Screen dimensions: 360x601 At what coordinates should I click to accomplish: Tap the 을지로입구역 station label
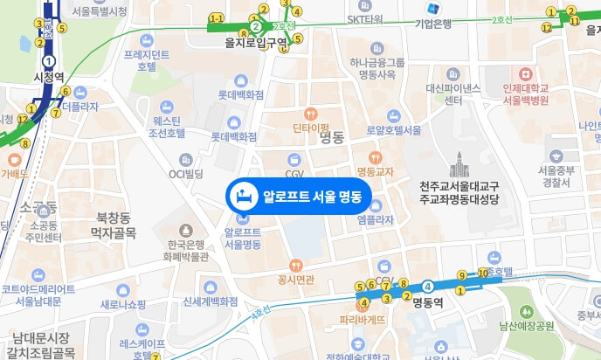click(x=257, y=41)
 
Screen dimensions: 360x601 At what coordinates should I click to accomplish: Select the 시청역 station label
click(x=49, y=77)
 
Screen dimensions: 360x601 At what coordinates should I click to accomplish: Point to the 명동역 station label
click(x=428, y=303)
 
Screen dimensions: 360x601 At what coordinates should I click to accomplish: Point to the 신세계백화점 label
click(x=211, y=301)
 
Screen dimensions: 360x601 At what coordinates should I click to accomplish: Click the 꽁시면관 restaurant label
click(x=295, y=279)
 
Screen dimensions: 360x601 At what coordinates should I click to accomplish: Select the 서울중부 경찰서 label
click(x=556, y=177)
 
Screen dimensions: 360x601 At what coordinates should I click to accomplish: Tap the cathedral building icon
click(x=459, y=163)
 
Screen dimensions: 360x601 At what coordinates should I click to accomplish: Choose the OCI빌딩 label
click(x=185, y=173)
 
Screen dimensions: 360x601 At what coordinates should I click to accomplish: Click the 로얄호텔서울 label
click(x=394, y=129)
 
